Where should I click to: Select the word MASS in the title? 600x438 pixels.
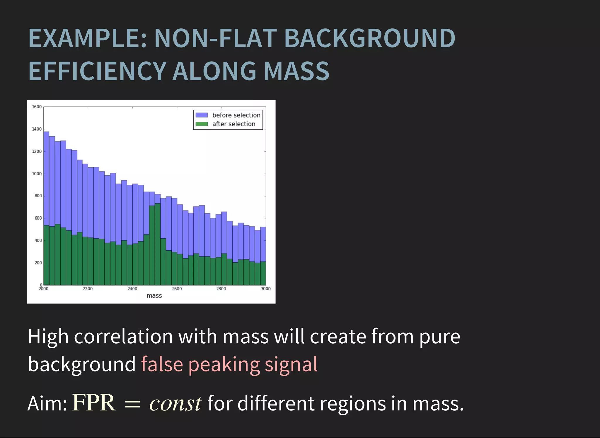point(296,71)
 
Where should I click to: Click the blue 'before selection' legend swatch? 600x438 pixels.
point(202,115)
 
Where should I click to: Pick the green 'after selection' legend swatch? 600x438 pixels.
point(202,124)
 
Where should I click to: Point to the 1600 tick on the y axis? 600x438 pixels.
point(37,107)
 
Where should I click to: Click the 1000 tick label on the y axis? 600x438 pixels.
point(37,174)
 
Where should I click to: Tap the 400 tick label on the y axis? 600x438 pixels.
point(38,241)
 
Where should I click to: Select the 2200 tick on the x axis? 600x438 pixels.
point(88,289)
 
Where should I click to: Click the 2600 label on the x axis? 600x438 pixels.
point(177,289)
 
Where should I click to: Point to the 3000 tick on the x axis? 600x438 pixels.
point(265,289)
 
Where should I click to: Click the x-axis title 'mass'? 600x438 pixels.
point(154,296)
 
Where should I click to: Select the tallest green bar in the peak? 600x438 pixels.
point(157,243)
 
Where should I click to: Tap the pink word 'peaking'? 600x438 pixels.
point(224,364)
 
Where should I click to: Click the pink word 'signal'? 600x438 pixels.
point(291,364)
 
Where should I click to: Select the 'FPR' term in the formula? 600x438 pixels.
point(94,403)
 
